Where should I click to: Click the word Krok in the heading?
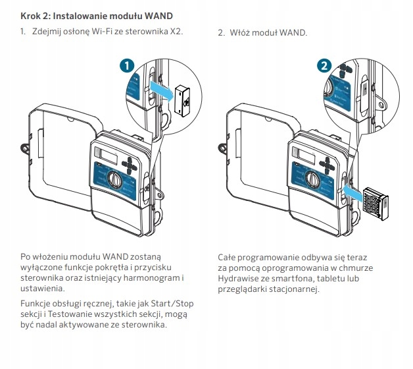32,14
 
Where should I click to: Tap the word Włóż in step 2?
241,32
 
